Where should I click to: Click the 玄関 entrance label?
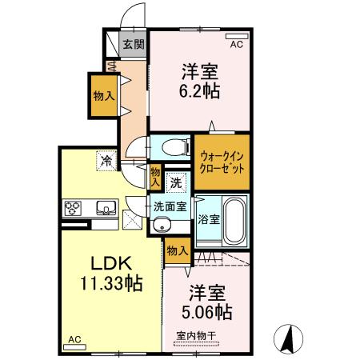point(134,45)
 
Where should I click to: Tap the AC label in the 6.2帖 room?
point(236,45)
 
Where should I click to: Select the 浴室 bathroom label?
point(209,219)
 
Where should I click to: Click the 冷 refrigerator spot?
point(106,162)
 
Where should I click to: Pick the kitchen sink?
point(104,210)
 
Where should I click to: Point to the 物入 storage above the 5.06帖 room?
point(178,251)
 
